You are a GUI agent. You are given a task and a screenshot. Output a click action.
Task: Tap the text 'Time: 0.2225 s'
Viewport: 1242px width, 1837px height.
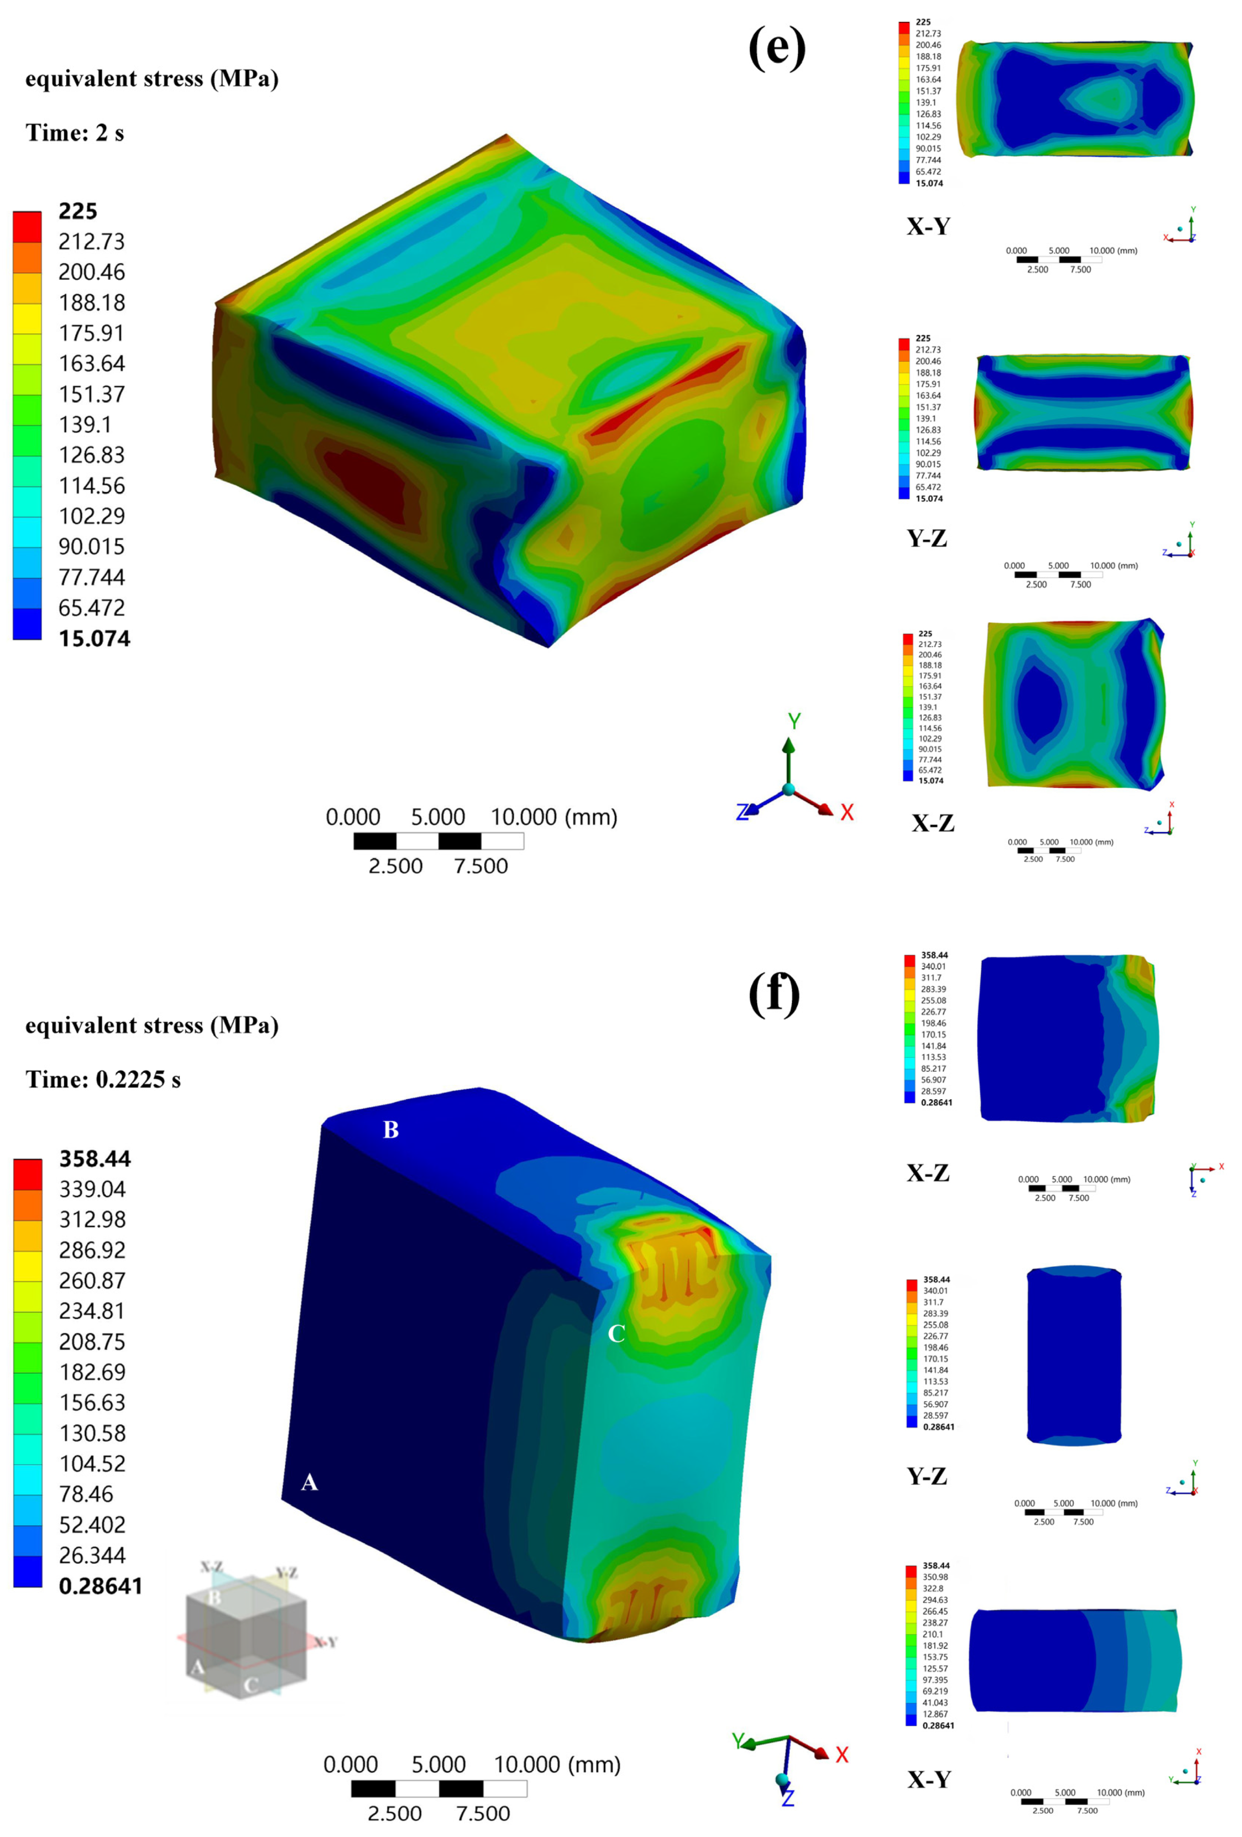(x=103, y=1080)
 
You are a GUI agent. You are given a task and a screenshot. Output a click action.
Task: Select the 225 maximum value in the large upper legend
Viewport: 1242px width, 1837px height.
(x=77, y=211)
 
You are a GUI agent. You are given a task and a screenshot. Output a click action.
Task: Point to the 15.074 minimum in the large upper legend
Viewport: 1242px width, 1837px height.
(x=94, y=639)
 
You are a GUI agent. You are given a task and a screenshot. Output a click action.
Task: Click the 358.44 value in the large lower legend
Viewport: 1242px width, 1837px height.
(x=95, y=1159)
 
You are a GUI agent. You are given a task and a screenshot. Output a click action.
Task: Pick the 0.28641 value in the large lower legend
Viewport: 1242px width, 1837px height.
(x=100, y=1586)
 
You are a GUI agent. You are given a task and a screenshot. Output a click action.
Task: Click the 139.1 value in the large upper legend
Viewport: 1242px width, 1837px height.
(x=85, y=424)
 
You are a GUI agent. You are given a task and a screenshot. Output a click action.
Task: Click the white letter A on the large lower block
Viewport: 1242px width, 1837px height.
(x=309, y=1482)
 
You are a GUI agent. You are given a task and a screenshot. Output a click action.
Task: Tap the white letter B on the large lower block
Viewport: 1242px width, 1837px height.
(x=390, y=1130)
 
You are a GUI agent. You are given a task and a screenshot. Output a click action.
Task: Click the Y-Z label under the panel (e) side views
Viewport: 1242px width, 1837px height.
(x=926, y=538)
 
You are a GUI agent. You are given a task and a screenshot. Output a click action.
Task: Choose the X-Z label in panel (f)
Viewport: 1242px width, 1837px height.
(x=928, y=1173)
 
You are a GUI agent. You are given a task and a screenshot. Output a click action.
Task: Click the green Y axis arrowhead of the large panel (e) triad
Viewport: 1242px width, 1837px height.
(x=788, y=745)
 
